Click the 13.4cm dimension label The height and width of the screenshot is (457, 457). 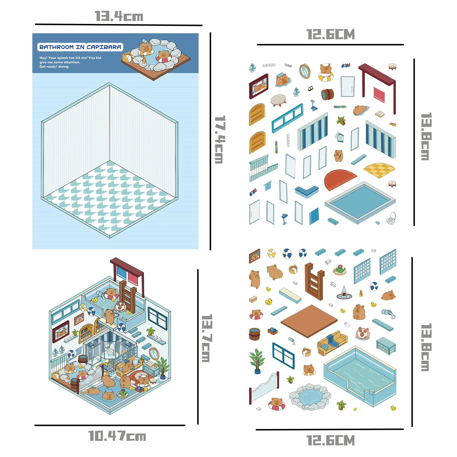coord(119,16)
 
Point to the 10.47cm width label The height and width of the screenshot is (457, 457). coord(117,436)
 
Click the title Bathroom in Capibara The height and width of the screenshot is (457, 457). coord(80,47)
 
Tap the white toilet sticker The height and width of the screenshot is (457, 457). coord(391,218)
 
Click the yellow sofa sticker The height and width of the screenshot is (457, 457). coord(332,343)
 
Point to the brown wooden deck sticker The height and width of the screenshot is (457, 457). coord(309,321)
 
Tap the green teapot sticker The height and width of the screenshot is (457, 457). coord(340,270)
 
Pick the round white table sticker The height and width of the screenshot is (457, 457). coord(278,100)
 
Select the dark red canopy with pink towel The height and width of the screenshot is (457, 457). coord(378,85)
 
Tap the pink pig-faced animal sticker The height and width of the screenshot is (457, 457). coord(362,333)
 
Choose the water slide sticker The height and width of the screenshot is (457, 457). coord(264,387)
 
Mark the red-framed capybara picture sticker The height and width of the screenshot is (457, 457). coord(259,86)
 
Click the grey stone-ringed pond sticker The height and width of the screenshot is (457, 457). coord(310,396)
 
